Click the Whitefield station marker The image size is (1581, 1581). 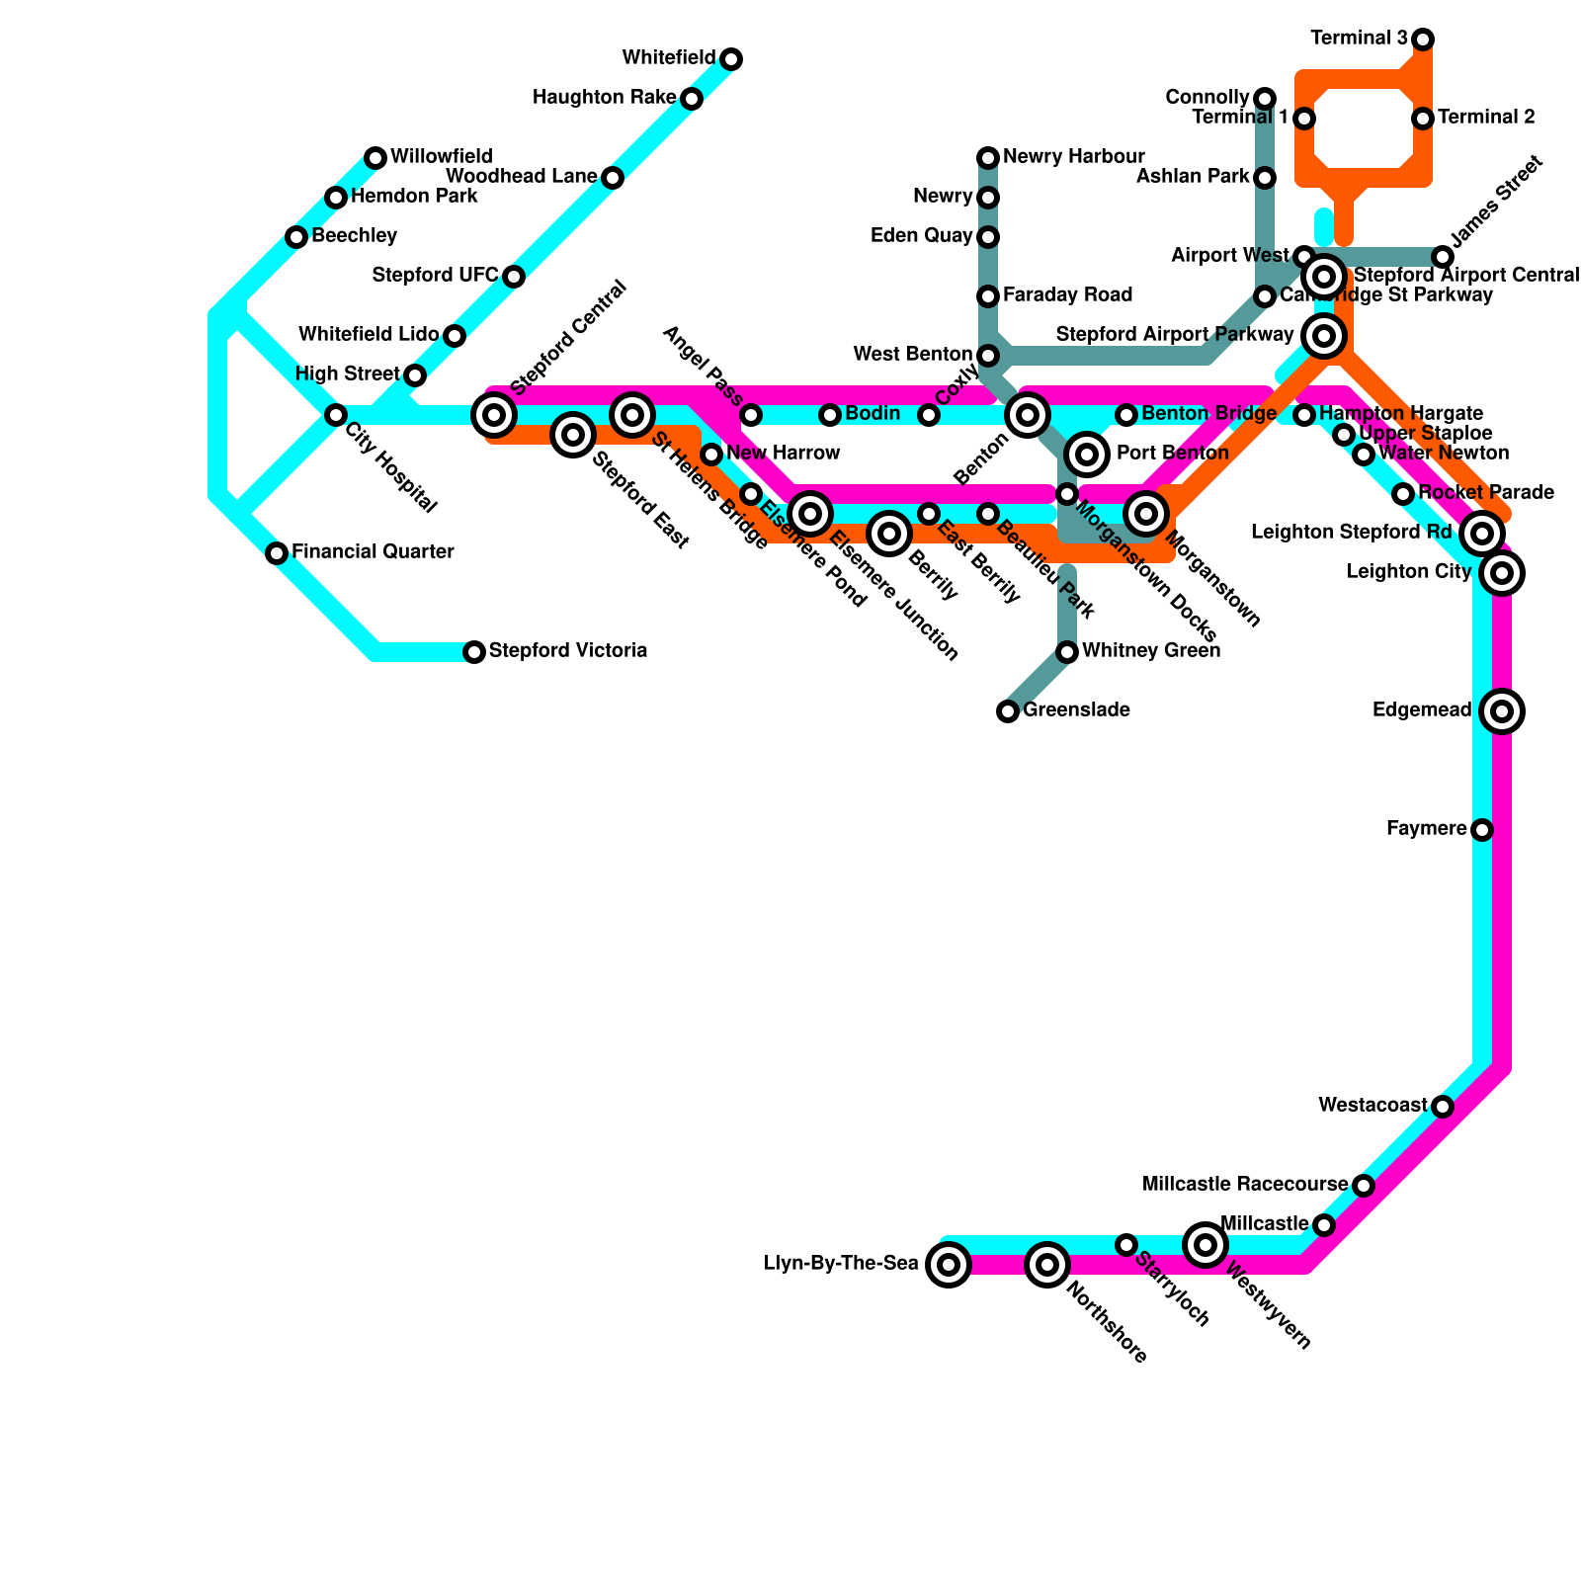click(x=731, y=59)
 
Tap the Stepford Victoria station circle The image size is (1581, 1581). click(x=474, y=652)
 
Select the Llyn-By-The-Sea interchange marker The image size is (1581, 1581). click(x=949, y=1264)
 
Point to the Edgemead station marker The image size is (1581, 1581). click(x=1502, y=710)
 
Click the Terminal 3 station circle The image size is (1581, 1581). click(x=1423, y=40)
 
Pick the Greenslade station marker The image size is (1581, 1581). click(x=1008, y=711)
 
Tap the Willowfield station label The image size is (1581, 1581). click(x=441, y=157)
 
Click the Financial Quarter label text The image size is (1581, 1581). click(x=373, y=552)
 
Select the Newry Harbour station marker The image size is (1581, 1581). click(x=988, y=158)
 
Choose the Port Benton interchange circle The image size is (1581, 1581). click(x=1087, y=454)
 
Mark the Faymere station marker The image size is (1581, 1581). click(x=1482, y=830)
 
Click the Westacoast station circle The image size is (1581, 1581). click(x=1443, y=1107)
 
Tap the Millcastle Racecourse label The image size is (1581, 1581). click(x=1244, y=1185)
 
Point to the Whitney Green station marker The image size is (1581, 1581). click(x=1067, y=652)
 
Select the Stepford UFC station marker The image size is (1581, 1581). click(x=514, y=277)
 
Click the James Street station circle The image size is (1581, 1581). click(x=1443, y=257)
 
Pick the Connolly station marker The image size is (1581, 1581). click(x=1265, y=98)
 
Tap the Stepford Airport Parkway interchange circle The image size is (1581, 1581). click(x=1324, y=336)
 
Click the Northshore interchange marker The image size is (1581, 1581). click(x=1047, y=1264)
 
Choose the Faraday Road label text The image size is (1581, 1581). click(x=1067, y=295)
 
